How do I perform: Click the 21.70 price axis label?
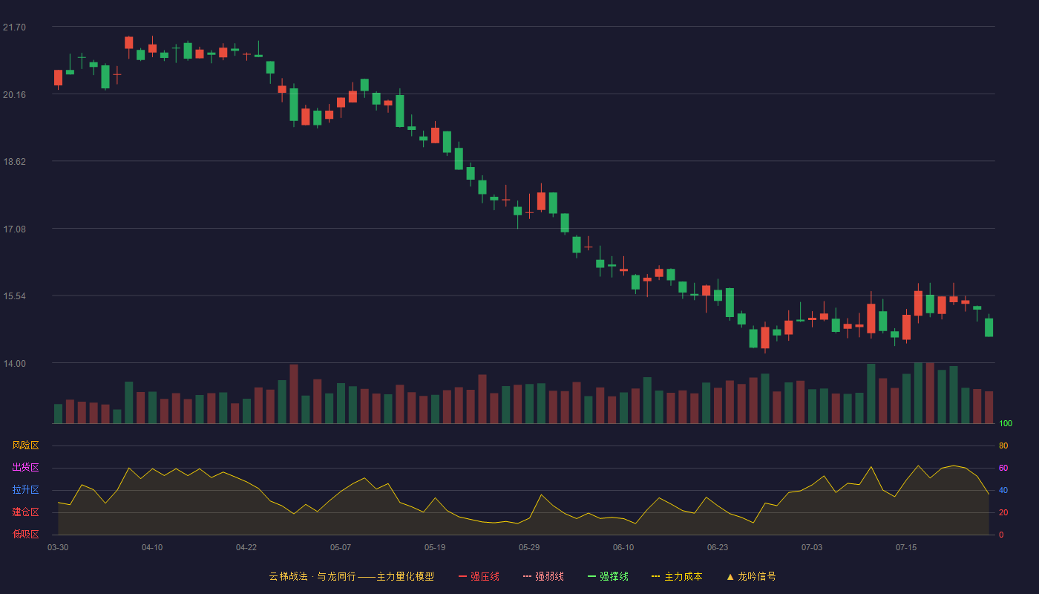point(14,27)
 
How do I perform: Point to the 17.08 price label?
point(14,229)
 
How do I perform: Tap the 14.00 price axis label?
point(14,364)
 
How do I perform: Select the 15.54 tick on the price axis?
point(14,296)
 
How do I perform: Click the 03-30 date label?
point(58,548)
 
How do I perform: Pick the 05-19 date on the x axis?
point(435,548)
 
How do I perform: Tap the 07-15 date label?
point(906,548)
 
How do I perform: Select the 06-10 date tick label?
point(623,548)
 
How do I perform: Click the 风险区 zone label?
point(25,446)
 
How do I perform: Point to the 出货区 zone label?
point(25,467)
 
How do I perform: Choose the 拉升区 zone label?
point(25,489)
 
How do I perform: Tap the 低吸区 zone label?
point(25,534)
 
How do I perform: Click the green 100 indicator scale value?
point(1006,423)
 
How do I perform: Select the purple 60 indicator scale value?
point(1003,468)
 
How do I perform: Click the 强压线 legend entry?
point(479,576)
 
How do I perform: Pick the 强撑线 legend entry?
point(608,576)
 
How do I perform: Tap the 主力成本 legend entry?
point(677,576)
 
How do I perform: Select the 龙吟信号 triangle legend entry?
point(751,576)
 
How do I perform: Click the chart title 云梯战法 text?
point(289,576)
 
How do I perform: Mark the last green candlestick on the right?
point(989,327)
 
